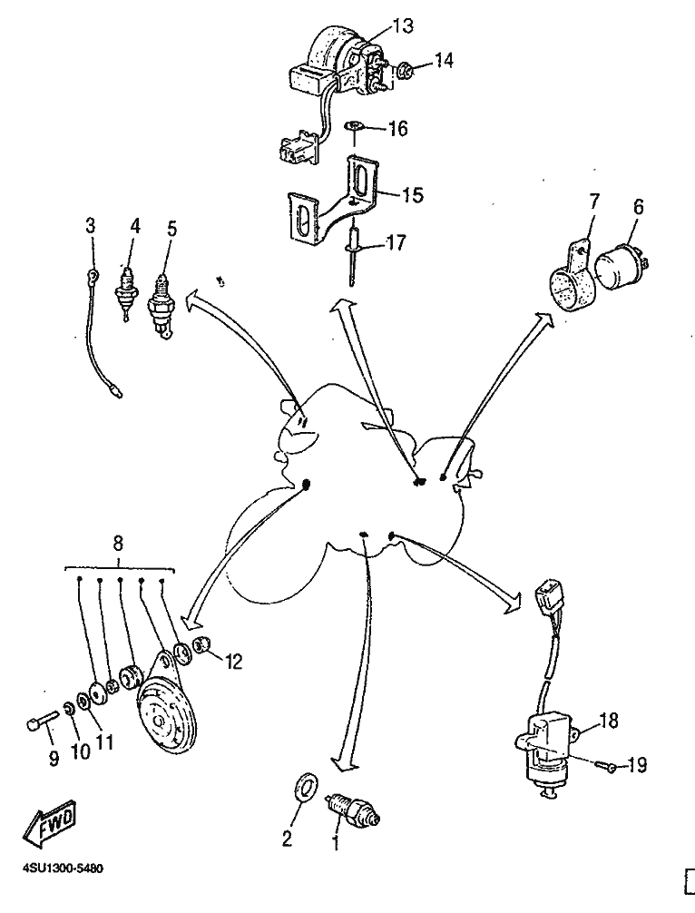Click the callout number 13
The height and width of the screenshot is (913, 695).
pos(403,26)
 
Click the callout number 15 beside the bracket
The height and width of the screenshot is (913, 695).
pos(414,194)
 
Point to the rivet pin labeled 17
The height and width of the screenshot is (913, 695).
pos(353,250)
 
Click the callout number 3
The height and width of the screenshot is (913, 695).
pos(90,224)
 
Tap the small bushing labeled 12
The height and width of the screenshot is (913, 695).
pos(205,645)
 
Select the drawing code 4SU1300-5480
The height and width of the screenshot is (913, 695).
pos(62,868)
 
